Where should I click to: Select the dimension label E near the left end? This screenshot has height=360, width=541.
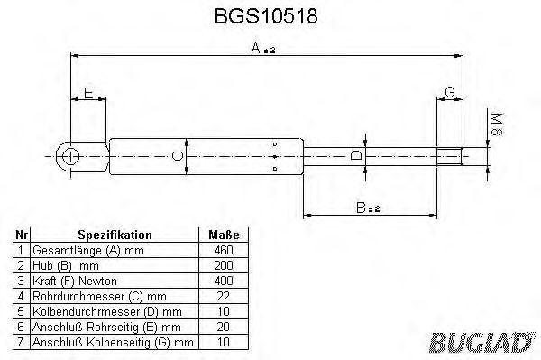87,93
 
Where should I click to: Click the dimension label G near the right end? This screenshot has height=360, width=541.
449,93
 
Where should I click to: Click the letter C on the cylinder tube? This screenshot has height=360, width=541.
178,156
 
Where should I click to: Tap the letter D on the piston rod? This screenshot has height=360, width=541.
355,156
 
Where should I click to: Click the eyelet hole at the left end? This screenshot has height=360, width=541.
69,156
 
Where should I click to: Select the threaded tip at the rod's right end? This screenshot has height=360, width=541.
451,156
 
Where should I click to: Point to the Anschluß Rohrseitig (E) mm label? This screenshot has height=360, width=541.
106,326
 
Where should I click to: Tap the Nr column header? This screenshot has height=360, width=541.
22,233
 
